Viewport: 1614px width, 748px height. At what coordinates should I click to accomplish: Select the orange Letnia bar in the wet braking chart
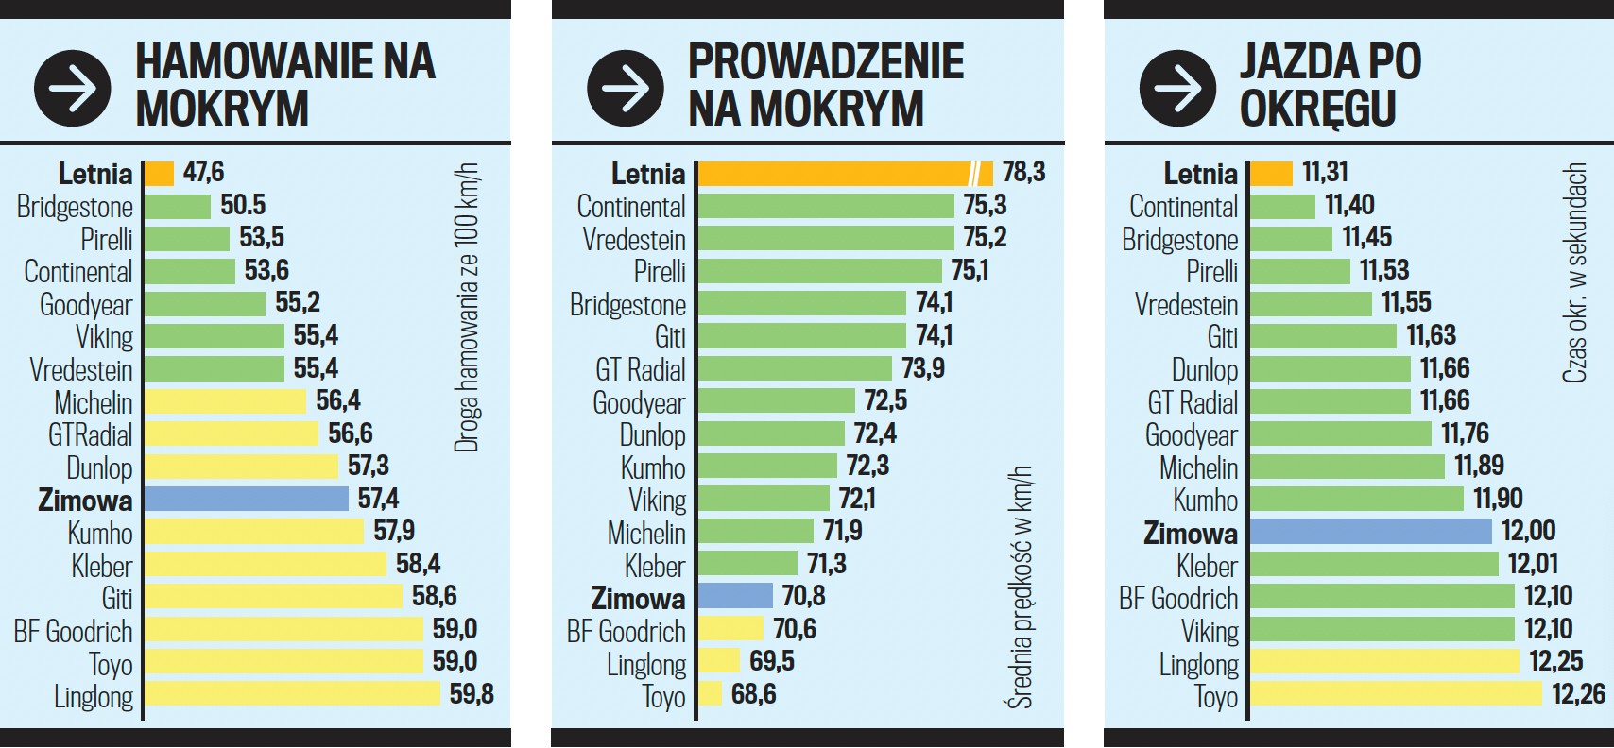click(x=159, y=174)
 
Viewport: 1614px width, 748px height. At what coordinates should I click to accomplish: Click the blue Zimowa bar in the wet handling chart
click(x=735, y=596)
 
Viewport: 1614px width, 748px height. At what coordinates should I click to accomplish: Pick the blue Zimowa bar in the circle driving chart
click(x=1370, y=531)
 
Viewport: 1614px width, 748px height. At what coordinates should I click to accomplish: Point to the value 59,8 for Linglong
click(x=472, y=694)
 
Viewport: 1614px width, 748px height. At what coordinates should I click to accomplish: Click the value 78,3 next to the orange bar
click(x=1024, y=172)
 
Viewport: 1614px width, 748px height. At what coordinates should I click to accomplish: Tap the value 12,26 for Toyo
click(x=1578, y=694)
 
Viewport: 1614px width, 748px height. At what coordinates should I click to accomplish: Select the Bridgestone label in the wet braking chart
click(x=75, y=207)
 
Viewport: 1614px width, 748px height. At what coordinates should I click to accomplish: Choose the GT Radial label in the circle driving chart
click(x=1193, y=403)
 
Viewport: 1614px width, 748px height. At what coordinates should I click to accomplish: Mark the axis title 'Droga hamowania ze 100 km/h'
click(x=467, y=308)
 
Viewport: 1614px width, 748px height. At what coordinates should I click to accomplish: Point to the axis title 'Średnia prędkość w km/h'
click(x=1021, y=586)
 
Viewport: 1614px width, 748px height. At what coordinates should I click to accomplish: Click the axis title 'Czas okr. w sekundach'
click(x=1574, y=273)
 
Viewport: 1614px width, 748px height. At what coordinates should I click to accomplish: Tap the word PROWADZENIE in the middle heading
click(x=826, y=62)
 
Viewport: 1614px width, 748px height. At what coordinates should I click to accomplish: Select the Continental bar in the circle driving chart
click(x=1282, y=207)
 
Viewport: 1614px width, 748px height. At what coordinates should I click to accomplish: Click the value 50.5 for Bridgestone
click(x=243, y=205)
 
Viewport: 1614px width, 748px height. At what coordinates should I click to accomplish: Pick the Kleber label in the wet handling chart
click(x=655, y=567)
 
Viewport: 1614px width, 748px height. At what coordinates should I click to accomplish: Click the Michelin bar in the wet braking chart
click(x=225, y=401)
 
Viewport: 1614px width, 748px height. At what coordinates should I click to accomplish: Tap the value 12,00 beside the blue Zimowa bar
click(x=1529, y=531)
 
